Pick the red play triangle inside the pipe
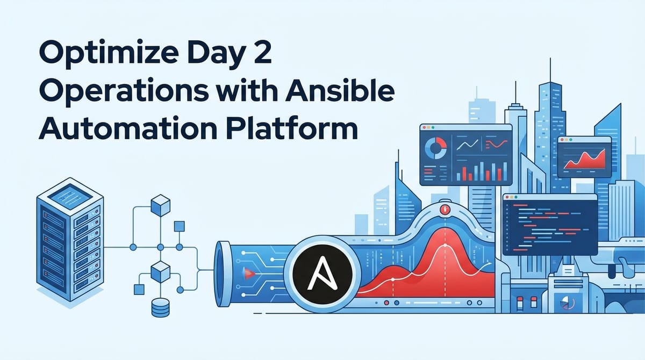coord(248,275)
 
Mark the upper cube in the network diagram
coord(160,205)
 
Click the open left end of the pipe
coord(222,274)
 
